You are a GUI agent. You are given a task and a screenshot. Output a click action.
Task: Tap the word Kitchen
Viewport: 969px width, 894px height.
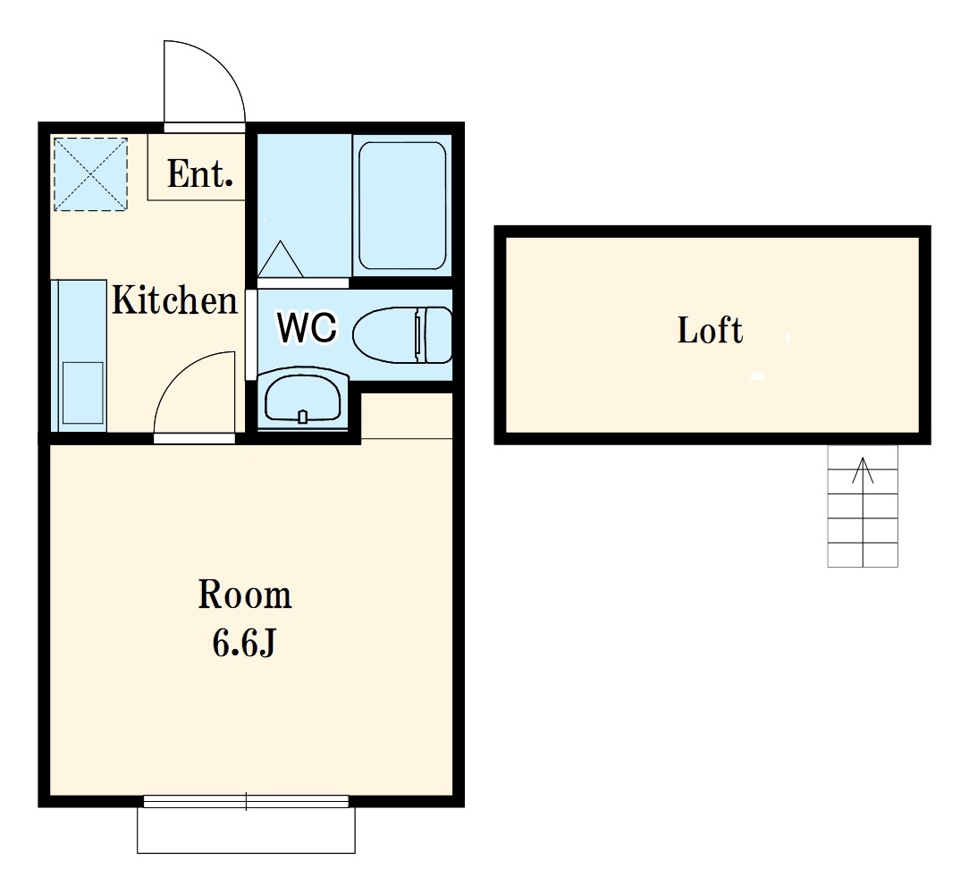coord(174,299)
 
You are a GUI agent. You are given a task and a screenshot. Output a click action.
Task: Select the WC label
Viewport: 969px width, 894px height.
coord(308,328)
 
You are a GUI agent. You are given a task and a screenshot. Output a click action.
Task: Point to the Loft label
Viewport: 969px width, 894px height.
coord(710,330)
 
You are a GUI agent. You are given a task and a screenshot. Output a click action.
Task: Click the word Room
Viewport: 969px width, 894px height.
coord(245,595)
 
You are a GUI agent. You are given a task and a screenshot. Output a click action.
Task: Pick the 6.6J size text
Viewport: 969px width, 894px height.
coord(243,643)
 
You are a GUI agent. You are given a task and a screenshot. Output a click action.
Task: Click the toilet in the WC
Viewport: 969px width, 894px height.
coord(402,334)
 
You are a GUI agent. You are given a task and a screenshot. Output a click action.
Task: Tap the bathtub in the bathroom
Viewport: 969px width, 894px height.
coord(402,206)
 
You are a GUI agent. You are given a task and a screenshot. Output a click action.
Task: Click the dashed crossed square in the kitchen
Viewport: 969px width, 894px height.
coord(91,174)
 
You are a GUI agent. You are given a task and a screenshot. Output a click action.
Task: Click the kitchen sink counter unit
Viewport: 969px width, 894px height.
coord(79,356)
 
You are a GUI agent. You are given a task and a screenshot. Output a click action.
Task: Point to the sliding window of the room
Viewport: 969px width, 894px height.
coord(246,802)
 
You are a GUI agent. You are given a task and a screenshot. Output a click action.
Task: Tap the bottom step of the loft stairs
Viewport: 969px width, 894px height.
coord(863,554)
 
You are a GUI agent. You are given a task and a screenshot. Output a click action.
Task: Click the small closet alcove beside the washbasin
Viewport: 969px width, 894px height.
coord(407,415)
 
